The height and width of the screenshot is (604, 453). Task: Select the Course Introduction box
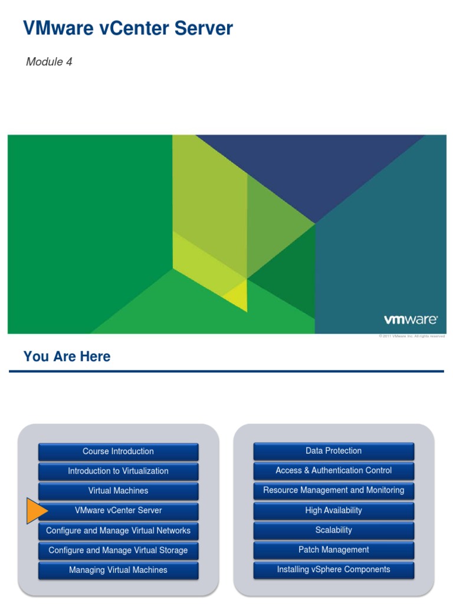[118, 452]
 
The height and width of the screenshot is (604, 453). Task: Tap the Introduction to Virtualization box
[118, 471]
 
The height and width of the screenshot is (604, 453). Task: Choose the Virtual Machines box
[118, 491]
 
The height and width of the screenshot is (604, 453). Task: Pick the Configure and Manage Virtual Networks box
[118, 531]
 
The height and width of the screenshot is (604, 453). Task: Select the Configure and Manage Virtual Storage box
[118, 550]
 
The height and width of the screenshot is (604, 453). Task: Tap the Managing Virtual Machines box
[118, 570]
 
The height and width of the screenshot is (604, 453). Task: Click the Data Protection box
[334, 451]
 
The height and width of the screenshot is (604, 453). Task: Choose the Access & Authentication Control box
[334, 471]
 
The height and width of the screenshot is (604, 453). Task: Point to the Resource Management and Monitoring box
[334, 490]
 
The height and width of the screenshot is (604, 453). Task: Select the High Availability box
[334, 511]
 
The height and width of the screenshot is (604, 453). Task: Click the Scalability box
[334, 530]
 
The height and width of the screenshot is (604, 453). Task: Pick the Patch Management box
[334, 550]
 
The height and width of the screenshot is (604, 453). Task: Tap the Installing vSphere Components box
[334, 570]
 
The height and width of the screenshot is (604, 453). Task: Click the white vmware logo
[411, 320]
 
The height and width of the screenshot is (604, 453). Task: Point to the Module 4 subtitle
[49, 62]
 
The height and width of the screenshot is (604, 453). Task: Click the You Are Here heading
[67, 356]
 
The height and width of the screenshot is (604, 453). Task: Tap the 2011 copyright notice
[411, 336]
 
